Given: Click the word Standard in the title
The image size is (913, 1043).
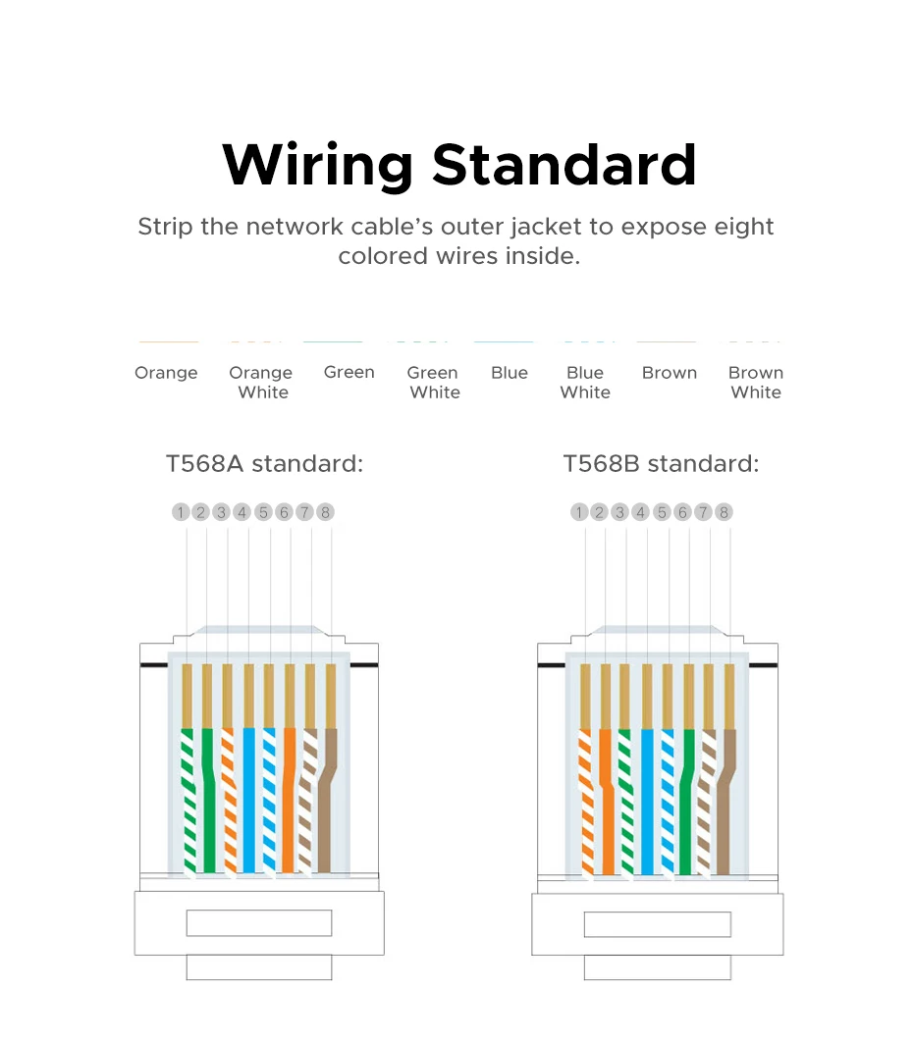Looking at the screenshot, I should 564,165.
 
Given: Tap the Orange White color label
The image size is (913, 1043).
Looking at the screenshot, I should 261,382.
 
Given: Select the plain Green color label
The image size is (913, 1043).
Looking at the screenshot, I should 349,372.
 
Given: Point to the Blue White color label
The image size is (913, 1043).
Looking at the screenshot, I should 585,382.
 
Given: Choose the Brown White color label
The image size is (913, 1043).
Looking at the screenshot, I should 756,382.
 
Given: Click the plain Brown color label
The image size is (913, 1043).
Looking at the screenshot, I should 670,373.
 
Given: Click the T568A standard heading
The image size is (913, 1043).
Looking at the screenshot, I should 264,463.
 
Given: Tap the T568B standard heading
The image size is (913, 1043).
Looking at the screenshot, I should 661,463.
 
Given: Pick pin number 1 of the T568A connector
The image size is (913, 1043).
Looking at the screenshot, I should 181,512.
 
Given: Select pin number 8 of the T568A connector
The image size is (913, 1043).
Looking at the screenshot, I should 326,512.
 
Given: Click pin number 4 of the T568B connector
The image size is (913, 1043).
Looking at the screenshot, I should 641,512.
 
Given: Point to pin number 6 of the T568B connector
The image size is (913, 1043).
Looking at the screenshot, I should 682,512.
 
